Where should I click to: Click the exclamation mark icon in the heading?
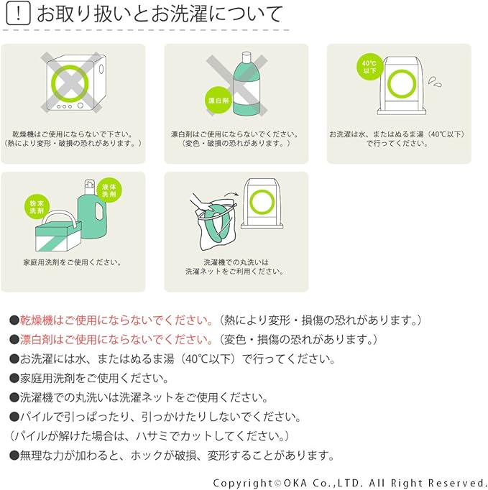pyautogui.click(x=17, y=14)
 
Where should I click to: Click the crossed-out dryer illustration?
pyautogui.click(x=73, y=83)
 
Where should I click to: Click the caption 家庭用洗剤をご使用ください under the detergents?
pyautogui.click(x=73, y=262)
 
